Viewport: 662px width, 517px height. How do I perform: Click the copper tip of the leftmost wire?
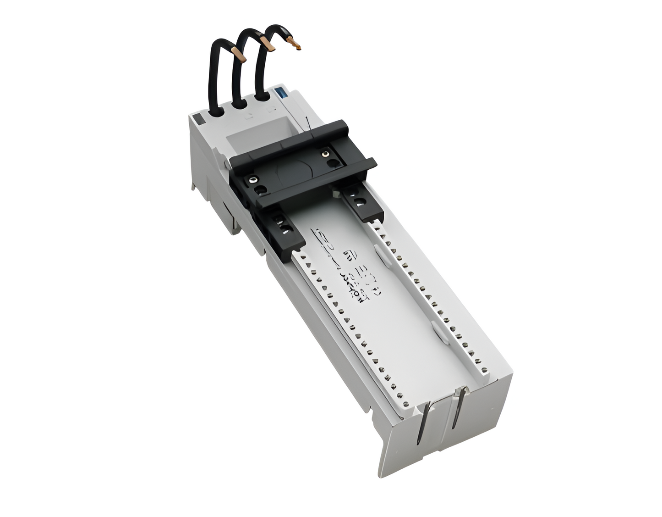[x=240, y=54]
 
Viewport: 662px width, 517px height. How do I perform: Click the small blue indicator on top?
[x=279, y=92]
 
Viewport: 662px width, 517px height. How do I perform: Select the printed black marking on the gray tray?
[x=341, y=266]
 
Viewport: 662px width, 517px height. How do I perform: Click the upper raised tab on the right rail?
[x=378, y=252]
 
